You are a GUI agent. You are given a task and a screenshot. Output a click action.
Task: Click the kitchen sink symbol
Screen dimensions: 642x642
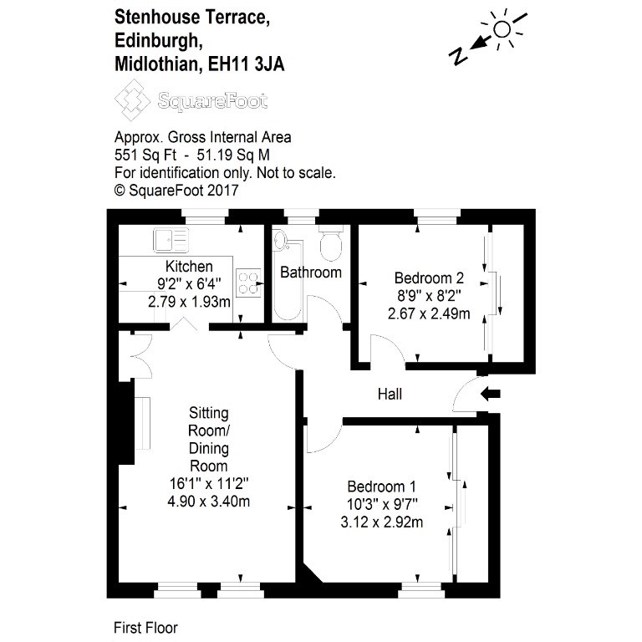tap(171, 240)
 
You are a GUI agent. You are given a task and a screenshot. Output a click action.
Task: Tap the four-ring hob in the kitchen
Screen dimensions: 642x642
tap(248, 283)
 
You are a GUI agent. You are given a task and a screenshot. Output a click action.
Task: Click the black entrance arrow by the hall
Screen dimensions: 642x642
tap(490, 395)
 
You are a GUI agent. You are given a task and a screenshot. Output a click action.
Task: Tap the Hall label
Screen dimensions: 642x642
tap(390, 395)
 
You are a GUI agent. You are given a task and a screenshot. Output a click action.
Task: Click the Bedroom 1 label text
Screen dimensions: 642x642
tap(381, 487)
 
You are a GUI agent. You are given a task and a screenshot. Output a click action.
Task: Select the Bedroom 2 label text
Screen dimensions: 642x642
tap(429, 278)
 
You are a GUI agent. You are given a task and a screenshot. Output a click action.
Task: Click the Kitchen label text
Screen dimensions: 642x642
tap(189, 267)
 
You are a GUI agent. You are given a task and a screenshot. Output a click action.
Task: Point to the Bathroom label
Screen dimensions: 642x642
tap(311, 273)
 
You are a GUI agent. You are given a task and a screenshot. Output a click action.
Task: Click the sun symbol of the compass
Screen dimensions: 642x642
tap(502, 29)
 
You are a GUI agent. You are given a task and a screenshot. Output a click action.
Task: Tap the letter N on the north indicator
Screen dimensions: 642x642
tap(459, 56)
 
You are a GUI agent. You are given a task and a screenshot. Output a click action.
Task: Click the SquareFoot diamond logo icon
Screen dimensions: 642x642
tap(132, 100)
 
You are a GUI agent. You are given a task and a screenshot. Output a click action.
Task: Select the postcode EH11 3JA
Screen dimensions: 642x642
tap(246, 64)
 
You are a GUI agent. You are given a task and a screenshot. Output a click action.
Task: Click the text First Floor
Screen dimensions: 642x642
tap(145, 628)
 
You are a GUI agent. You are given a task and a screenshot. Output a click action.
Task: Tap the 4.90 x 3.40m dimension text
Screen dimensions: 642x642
tap(209, 502)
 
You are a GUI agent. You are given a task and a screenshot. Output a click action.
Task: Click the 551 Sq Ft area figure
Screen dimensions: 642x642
tap(145, 155)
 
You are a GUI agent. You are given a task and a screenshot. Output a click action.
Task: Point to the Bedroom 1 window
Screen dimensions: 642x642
tap(421, 591)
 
